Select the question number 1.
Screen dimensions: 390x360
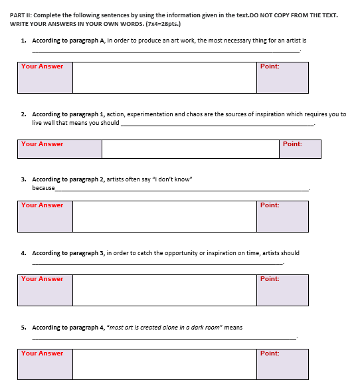coord(24,40)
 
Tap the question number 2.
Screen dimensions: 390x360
coord(24,114)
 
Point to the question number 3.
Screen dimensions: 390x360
coord(24,179)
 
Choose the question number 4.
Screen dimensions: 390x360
coord(24,253)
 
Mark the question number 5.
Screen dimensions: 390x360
coord(24,328)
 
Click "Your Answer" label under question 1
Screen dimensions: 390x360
coord(42,66)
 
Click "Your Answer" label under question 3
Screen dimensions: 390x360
coord(42,205)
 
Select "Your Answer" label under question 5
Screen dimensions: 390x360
coord(42,353)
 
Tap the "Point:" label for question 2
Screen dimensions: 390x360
coord(292,144)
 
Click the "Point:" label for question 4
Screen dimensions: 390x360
coord(270,279)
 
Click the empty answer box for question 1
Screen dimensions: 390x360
coord(164,78)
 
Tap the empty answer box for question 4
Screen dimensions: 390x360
coord(164,290)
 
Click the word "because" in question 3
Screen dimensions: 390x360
coord(43,187)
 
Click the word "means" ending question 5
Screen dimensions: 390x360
coord(233,328)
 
